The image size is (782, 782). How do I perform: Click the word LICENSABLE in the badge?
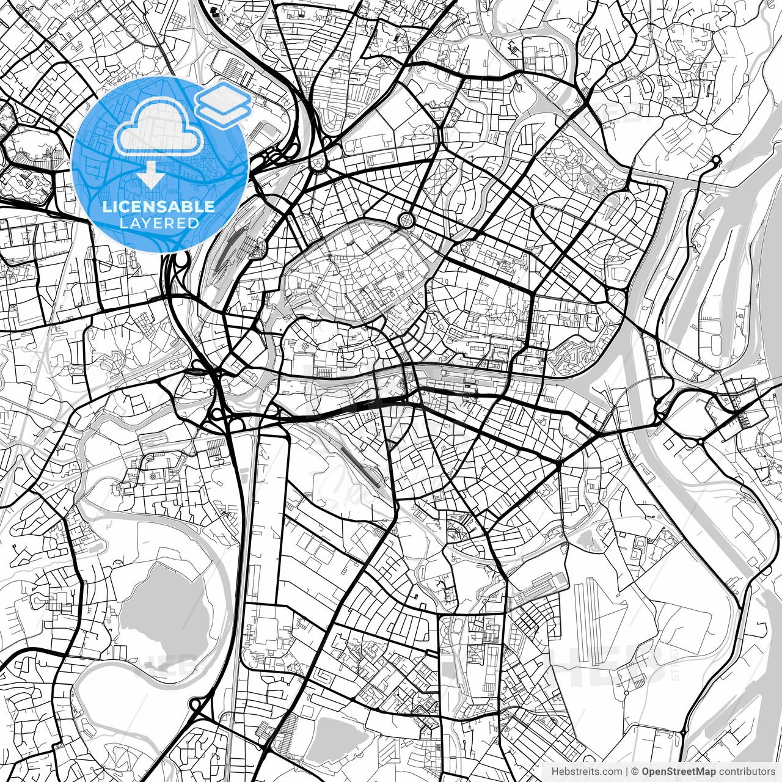click(159, 206)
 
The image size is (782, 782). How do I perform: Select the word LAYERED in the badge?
click(159, 223)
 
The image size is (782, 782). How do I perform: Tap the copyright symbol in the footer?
click(635, 771)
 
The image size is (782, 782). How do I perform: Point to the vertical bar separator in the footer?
click(627, 771)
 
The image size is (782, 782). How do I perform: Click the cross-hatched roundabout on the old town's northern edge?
click(405, 219)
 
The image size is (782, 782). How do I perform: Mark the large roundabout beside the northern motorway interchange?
click(318, 163)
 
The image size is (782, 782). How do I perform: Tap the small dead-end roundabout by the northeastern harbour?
click(716, 161)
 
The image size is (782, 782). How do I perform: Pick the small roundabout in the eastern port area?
click(699, 441)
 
